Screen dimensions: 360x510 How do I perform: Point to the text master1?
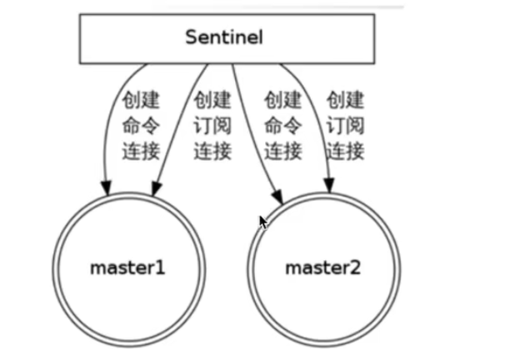pos(127,268)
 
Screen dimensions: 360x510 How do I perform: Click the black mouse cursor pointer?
pos(263,222)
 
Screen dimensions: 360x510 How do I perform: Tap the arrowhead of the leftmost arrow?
pos(105,182)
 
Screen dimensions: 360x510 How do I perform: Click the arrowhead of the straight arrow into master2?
pos(277,195)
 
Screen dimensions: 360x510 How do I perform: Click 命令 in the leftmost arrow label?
pos(140,127)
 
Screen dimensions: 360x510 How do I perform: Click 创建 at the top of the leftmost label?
pos(140,102)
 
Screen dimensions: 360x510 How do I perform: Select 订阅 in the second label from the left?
pos(212,127)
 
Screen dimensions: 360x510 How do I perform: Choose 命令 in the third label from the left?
pos(283,127)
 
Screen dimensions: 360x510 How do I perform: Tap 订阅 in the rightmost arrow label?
pos(345,127)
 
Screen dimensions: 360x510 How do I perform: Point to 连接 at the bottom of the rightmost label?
pos(345,151)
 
